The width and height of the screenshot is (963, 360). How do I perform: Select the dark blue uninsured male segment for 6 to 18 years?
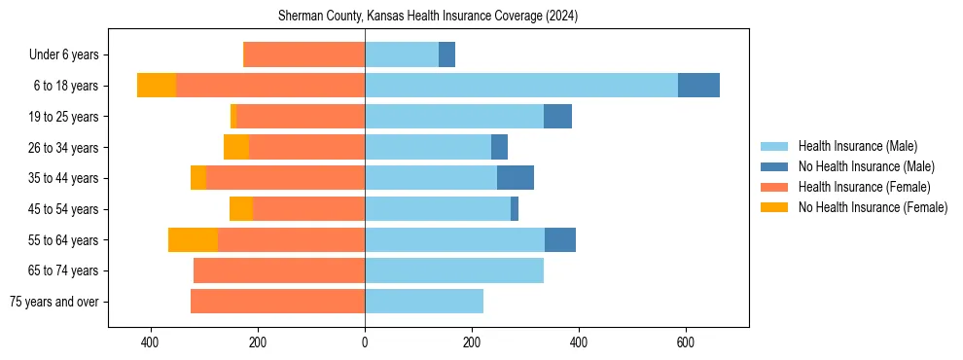(698, 86)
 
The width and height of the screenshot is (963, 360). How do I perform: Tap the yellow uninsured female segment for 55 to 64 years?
(193, 239)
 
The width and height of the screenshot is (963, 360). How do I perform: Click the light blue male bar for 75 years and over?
(424, 302)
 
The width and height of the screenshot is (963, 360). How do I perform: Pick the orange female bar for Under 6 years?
(303, 54)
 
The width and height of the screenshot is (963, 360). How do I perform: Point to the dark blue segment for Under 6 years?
(446, 54)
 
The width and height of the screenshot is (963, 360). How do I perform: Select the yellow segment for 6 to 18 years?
(157, 86)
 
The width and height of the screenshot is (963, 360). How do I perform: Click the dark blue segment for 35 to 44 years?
(516, 178)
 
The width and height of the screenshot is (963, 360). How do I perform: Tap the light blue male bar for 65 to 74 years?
(454, 270)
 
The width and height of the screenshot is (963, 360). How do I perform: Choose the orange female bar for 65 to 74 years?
(279, 270)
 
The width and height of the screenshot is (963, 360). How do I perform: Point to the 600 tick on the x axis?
(685, 342)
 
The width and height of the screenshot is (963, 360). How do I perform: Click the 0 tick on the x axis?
(365, 342)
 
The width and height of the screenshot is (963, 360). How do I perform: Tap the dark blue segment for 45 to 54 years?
(515, 209)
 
